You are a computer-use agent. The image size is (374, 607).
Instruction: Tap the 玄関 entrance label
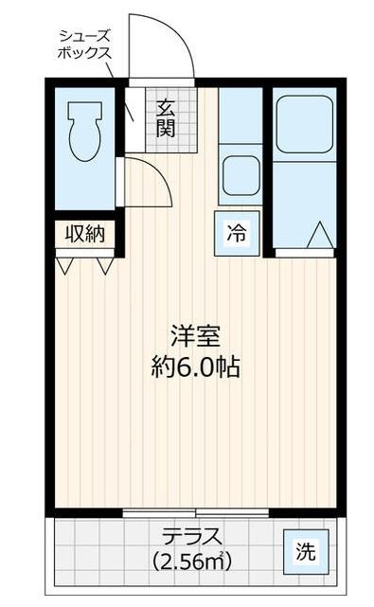point(166,117)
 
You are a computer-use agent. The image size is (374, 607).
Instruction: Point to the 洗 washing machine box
point(305,550)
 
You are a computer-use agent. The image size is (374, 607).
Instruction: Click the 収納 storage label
point(84,233)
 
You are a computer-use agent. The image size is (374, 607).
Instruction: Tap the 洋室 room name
point(196,337)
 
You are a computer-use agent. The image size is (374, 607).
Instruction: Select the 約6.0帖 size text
point(196,367)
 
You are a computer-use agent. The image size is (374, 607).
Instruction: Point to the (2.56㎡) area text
point(192,562)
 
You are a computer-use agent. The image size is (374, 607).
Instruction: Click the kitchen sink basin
point(240,175)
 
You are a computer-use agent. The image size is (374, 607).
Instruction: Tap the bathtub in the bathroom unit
point(305,124)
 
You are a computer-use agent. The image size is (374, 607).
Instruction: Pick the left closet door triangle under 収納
point(64,266)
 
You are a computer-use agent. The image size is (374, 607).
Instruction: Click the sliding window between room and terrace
point(196,512)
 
